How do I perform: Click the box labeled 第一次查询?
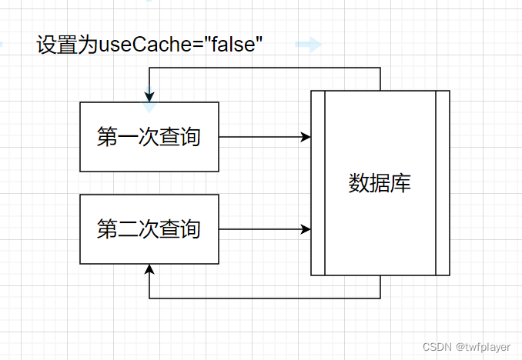tap(149, 136)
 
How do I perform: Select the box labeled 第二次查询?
tap(149, 228)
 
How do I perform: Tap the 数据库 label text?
tap(380, 184)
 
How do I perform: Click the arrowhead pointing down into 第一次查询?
tap(149, 98)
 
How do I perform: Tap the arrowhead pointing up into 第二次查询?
tap(149, 268)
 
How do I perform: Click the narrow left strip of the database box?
tap(317, 183)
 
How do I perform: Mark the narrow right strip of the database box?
tap(442, 183)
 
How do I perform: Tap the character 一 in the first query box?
tap(129, 137)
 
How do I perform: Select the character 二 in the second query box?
tap(129, 229)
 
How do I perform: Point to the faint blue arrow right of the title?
tap(308, 45)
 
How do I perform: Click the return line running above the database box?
tap(265, 68)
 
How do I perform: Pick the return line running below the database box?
tap(265, 298)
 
